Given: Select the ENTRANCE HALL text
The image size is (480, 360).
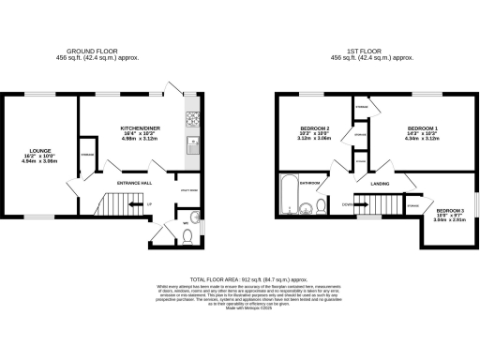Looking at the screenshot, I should click(134, 183).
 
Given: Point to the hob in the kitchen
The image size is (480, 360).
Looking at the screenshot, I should click(192, 119).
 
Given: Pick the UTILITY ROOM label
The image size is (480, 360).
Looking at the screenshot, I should click(187, 189).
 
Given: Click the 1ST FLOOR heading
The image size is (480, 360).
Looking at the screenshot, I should click(365, 52).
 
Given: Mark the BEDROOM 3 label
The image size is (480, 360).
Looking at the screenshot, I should click(449, 212).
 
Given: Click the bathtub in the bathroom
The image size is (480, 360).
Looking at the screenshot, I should click(288, 193).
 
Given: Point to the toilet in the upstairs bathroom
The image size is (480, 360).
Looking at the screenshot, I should click(322, 206).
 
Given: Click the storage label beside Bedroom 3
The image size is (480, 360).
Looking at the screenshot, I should click(412, 204).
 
